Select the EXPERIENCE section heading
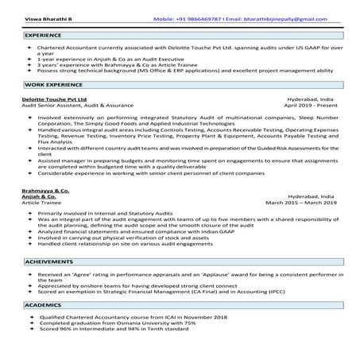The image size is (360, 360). pyautogui.click(x=43, y=36)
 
